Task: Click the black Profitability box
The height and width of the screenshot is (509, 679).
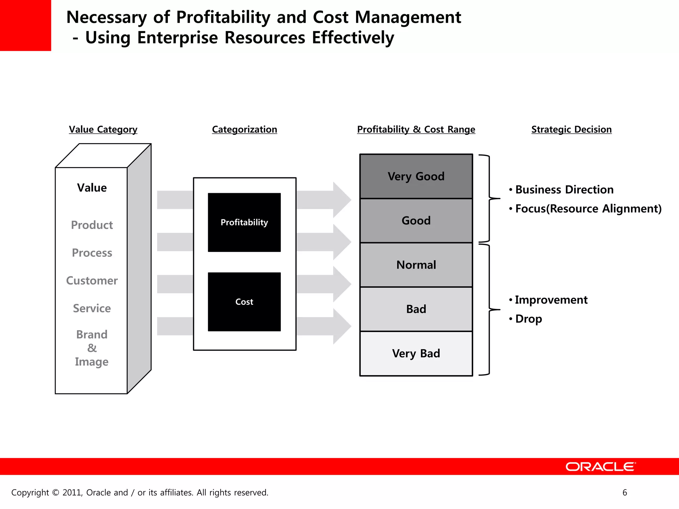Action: pyautogui.click(x=244, y=222)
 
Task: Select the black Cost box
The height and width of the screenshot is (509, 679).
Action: pyautogui.click(x=244, y=302)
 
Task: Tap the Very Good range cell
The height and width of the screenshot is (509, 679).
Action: pyautogui.click(x=416, y=176)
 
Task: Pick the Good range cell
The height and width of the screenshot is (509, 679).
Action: pyautogui.click(x=416, y=221)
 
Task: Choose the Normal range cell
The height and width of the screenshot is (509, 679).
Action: pyautogui.click(x=416, y=265)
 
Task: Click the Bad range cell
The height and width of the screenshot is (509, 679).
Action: pyautogui.click(x=416, y=309)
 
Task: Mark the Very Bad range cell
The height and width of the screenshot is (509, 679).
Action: pyautogui.click(x=416, y=354)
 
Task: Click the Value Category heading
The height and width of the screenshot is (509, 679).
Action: pyautogui.click(x=103, y=129)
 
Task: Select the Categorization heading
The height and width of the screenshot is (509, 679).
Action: pyautogui.click(x=244, y=129)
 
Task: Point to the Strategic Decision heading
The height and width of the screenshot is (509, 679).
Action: pyautogui.click(x=571, y=129)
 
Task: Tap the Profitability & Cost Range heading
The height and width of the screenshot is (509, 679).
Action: pyautogui.click(x=416, y=129)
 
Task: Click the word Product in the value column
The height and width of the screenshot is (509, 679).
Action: pyautogui.click(x=92, y=225)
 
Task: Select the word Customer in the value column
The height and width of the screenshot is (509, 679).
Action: pyautogui.click(x=92, y=281)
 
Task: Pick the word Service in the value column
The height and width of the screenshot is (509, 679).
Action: pyautogui.click(x=92, y=309)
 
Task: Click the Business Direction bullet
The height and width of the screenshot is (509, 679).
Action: pyautogui.click(x=564, y=190)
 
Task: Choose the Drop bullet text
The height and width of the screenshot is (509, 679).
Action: pyautogui.click(x=528, y=319)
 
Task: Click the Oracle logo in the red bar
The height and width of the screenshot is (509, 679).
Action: pyautogui.click(x=600, y=467)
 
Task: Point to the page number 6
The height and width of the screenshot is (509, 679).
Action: pyautogui.click(x=625, y=492)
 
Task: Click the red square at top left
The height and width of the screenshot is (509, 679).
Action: pyautogui.click(x=26, y=25)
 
